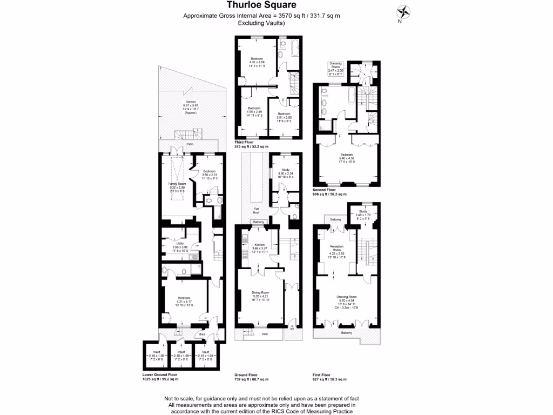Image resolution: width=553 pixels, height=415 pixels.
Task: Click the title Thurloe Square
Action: click(x=261, y=5)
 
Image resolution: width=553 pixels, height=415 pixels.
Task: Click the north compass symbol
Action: click(x=403, y=12)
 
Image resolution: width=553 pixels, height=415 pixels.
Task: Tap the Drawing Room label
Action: click(x=346, y=297)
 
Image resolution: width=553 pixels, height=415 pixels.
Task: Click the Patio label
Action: click(x=190, y=145)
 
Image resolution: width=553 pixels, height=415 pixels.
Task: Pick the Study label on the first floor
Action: click(x=363, y=211)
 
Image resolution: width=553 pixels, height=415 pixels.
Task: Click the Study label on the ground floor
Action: click(x=285, y=169)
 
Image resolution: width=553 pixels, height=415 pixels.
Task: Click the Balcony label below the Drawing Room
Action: click(x=347, y=333)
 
